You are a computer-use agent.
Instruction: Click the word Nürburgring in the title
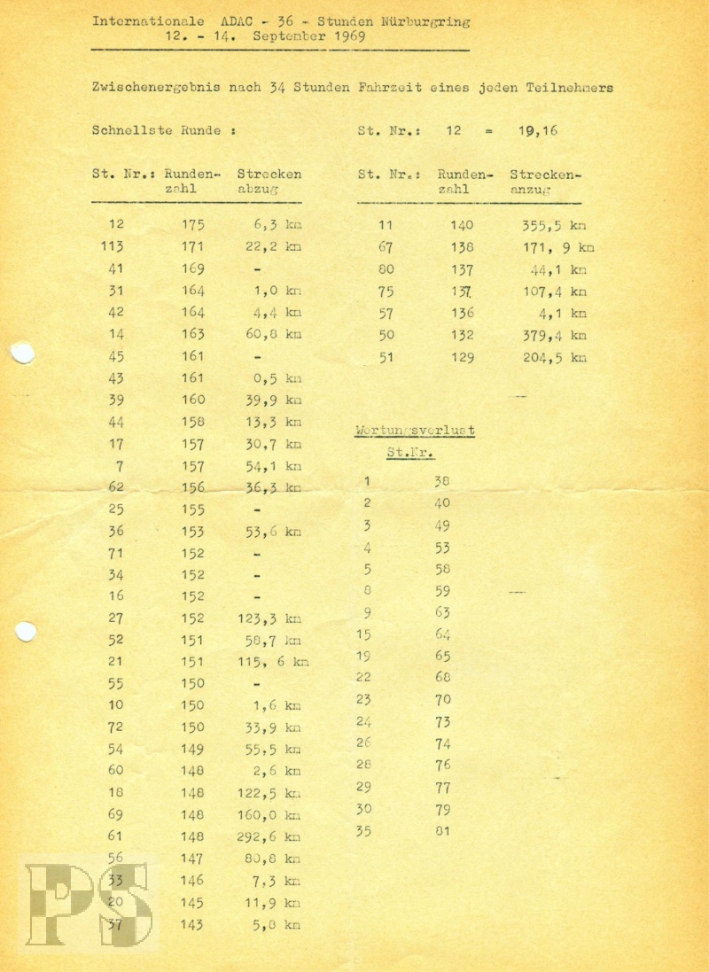tap(425, 21)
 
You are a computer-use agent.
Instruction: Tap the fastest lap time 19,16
tap(539, 130)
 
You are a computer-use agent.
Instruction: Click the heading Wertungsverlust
tap(415, 431)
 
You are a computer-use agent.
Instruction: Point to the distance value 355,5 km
tap(547, 226)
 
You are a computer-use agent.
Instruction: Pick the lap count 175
tap(192, 225)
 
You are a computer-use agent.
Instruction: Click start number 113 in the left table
tap(113, 247)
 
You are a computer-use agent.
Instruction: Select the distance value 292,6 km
tap(269, 836)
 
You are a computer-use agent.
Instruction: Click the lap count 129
tap(461, 358)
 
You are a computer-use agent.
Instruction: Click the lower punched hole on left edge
tap(25, 632)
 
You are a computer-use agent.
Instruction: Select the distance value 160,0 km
tap(269, 814)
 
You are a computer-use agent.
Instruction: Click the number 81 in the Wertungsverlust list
tap(442, 830)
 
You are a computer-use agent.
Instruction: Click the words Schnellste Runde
tap(157, 130)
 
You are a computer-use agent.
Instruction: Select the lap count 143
tap(192, 924)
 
